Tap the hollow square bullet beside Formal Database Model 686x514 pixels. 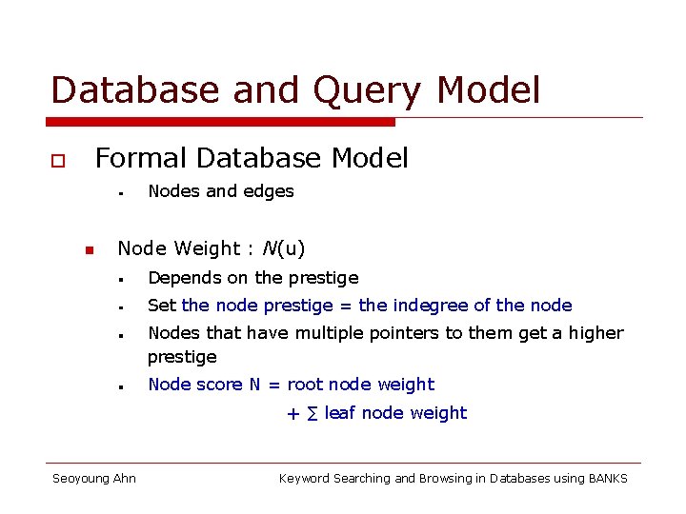click(57, 161)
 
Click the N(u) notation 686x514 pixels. click(284, 248)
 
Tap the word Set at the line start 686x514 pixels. click(162, 306)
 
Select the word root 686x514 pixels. click(305, 385)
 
